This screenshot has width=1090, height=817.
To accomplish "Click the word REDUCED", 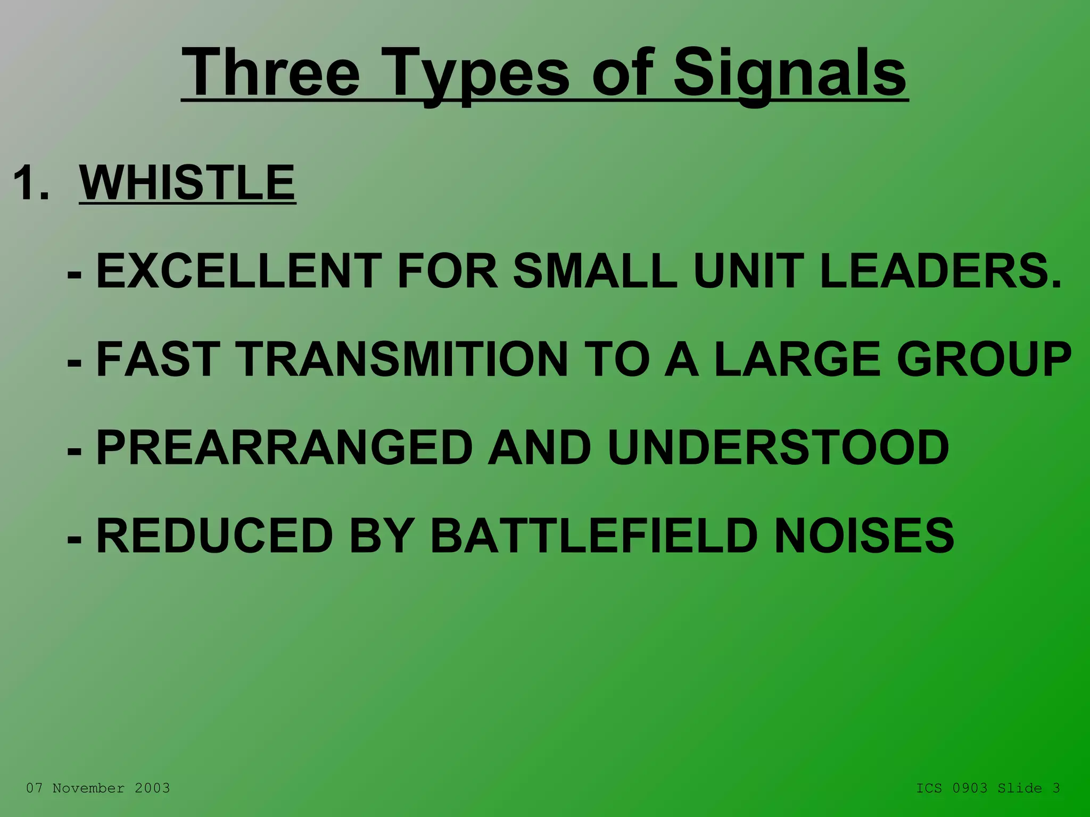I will point(214,536).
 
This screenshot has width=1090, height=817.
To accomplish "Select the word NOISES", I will point(865,536).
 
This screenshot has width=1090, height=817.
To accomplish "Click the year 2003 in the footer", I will point(152,788).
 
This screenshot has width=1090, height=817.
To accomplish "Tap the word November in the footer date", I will point(88,788).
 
